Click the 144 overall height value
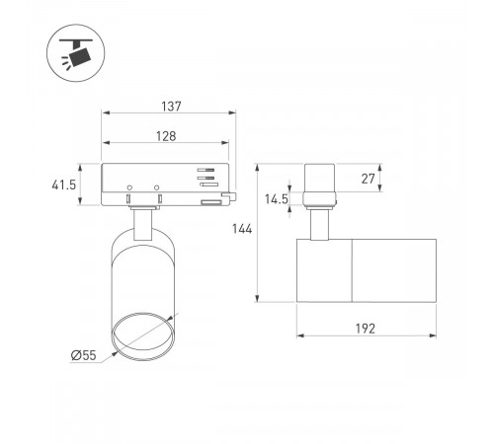coord(243,230)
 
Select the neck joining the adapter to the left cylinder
coord(144,224)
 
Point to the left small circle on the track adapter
coord(129,187)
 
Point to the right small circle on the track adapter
coord(157,187)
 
